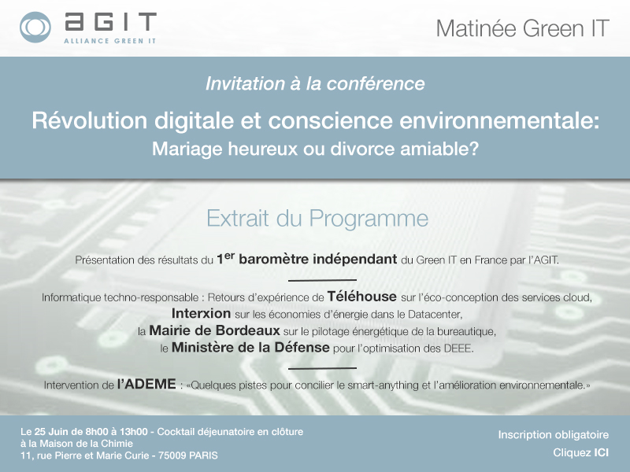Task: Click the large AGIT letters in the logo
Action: (109, 23)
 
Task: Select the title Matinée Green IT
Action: (522, 28)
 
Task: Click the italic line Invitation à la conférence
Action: (314, 83)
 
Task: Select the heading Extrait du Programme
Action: (317, 217)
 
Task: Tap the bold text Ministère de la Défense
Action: (250, 348)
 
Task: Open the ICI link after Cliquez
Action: (601, 452)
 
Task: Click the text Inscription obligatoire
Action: (553, 435)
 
